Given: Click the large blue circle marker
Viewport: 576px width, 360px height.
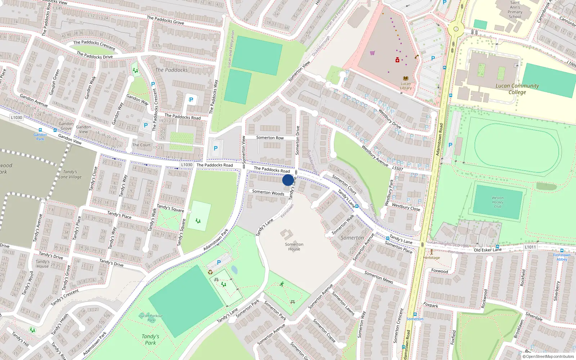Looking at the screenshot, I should tap(288, 180).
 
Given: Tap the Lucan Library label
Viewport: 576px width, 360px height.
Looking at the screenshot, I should tap(406, 86).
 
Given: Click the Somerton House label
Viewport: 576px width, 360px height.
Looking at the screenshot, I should tap(294, 247).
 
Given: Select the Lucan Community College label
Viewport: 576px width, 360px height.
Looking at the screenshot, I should tap(517, 89).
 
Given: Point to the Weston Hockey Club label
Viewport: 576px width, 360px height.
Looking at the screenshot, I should tap(498, 202).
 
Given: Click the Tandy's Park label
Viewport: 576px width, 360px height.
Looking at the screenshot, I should tap(150, 339).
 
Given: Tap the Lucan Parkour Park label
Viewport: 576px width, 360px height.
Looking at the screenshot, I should tap(151, 318).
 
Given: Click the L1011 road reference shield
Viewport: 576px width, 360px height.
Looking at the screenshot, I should tap(530, 247).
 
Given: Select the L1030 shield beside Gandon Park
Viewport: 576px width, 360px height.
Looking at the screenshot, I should tap(17, 117).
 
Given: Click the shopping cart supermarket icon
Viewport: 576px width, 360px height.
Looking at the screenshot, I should tap(372, 53).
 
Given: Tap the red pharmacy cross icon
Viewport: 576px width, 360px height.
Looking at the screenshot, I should tap(397, 60).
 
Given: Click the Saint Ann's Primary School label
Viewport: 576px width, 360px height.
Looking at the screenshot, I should tap(515, 10).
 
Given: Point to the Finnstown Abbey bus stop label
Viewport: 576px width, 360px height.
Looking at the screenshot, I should tap(562, 257).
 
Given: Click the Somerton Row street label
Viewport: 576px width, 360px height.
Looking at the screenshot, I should tap(270, 138).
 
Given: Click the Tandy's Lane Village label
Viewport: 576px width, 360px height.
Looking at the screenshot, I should tap(70, 174).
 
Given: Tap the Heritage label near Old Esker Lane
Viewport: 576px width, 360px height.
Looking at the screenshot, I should tap(431, 257).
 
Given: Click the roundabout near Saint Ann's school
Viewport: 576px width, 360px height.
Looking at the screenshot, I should tap(456, 29).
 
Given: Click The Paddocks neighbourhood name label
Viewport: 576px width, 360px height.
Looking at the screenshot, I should tap(171, 70).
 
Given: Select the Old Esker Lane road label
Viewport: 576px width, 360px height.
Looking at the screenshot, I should tap(487, 250).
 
